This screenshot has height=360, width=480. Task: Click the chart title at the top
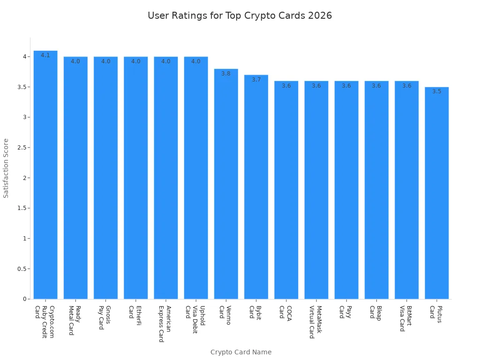(240, 15)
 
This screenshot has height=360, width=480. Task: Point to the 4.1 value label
(45, 55)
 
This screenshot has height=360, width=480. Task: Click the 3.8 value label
(226, 74)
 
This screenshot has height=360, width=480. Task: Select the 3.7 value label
(256, 80)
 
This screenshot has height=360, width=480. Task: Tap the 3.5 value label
(436, 91)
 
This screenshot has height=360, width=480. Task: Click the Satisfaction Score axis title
(6, 168)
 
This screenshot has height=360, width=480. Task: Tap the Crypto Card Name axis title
(240, 352)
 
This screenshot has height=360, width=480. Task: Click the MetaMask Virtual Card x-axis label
(315, 322)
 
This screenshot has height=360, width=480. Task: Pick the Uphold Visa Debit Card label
(195, 319)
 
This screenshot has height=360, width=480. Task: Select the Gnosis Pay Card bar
(105, 178)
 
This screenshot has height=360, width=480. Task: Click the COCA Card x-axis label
(285, 312)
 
